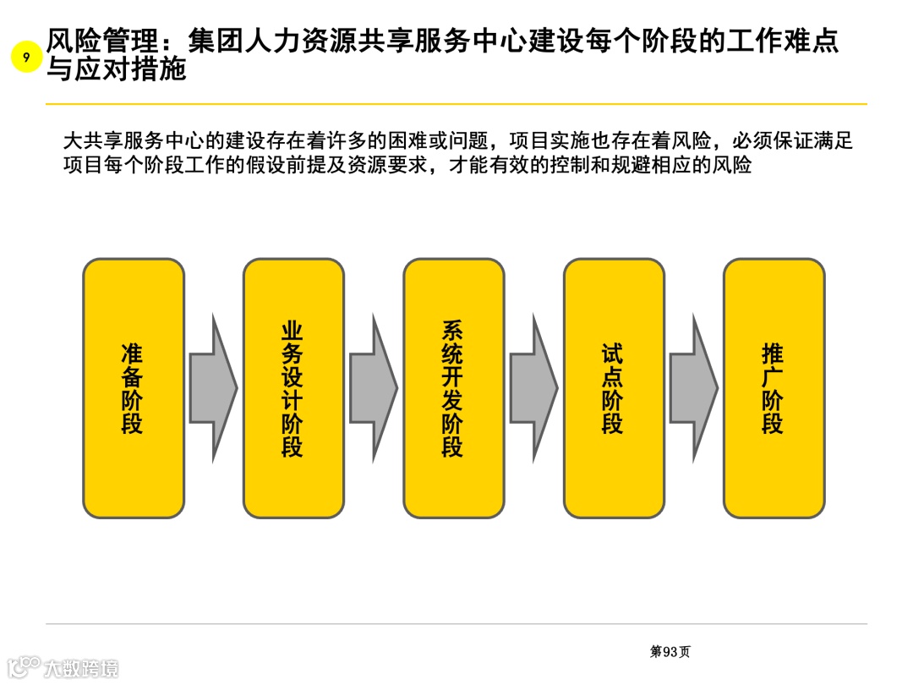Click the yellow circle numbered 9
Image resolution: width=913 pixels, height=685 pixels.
[x=27, y=58]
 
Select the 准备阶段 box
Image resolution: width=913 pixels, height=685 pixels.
[x=133, y=388]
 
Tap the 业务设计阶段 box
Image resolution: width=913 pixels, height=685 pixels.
[x=293, y=388]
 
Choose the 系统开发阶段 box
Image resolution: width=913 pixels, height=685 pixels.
[x=453, y=388]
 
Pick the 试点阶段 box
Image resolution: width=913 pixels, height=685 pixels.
[x=614, y=388]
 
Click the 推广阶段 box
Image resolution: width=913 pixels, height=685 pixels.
[x=774, y=388]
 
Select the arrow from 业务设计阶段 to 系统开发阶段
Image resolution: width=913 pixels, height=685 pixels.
[x=373, y=388]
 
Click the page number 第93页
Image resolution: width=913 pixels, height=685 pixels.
[x=670, y=651]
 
